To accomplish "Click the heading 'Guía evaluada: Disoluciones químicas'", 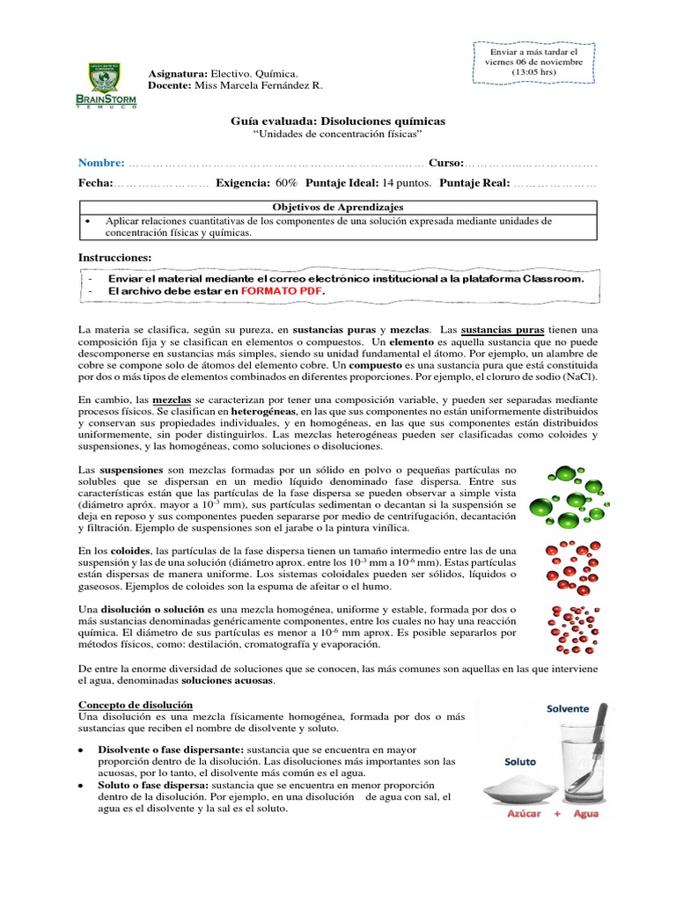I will pyautogui.click(x=338, y=121).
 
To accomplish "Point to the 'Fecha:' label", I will pyautogui.click(x=96, y=183).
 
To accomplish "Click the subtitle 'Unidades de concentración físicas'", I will pyautogui.click(x=338, y=135).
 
